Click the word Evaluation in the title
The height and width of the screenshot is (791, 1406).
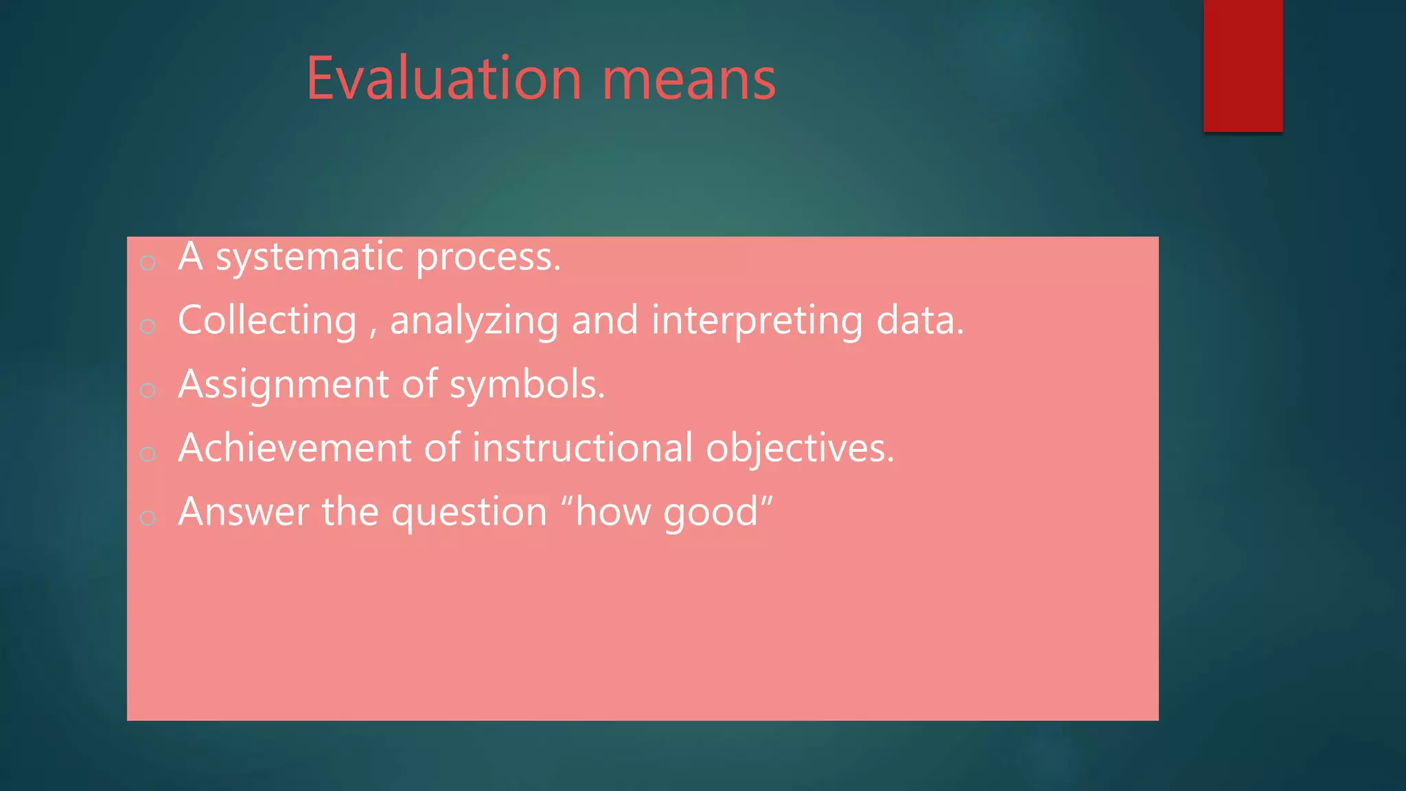[443, 79]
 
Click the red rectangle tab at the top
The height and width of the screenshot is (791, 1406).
[1243, 65]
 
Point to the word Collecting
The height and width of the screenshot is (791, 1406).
[267, 321]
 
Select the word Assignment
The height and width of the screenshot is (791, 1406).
[283, 385]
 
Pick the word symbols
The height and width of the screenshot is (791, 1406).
[526, 385]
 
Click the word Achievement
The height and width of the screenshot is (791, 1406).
[295, 448]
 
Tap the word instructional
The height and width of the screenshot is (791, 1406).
[582, 448]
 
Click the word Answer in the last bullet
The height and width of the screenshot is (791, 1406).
[244, 512]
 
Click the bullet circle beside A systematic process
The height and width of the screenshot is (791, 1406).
[148, 262]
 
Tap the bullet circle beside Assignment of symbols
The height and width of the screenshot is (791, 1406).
[148, 390]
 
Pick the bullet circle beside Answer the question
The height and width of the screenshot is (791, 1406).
[148, 518]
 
